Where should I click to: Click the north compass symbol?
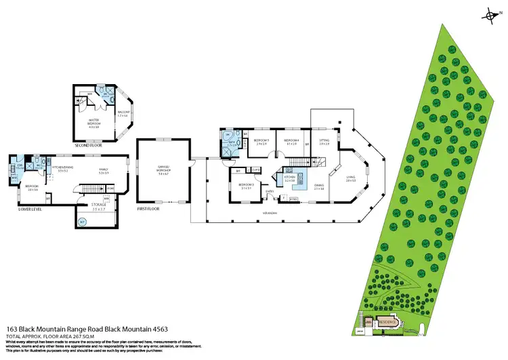[490, 14]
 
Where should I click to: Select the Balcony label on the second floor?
[123, 115]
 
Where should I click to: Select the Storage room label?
[98, 205]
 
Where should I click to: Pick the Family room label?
[104, 172]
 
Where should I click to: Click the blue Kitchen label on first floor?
[290, 179]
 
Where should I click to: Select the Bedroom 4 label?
[292, 142]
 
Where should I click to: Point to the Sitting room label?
[324, 142]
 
